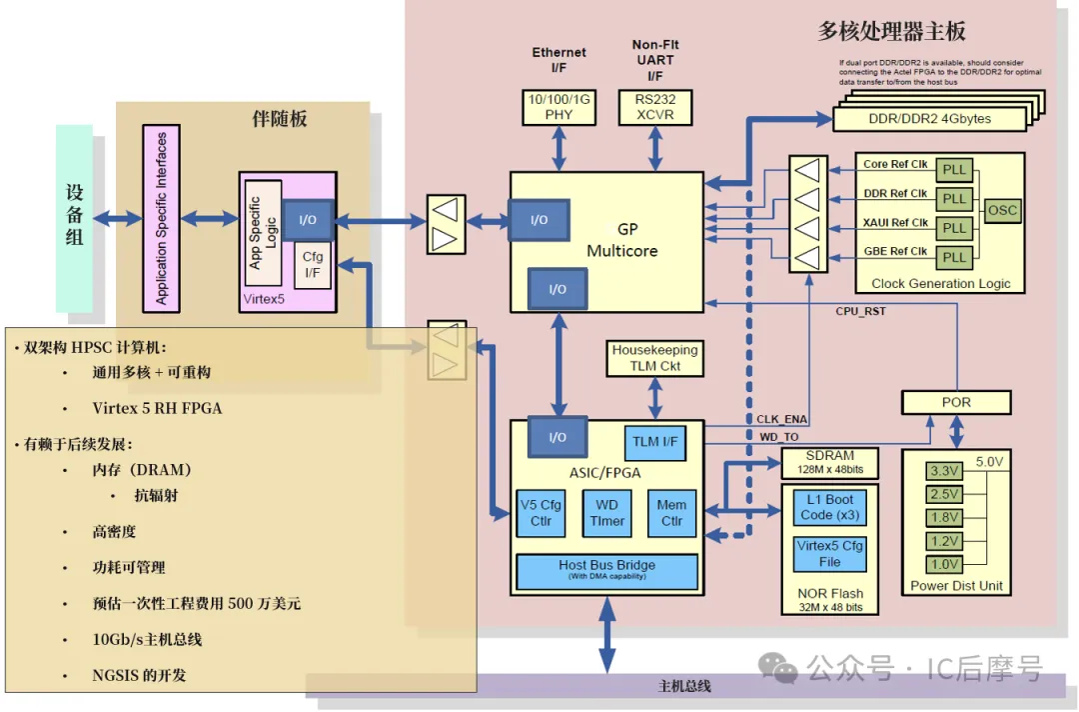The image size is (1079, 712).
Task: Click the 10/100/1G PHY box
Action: click(x=558, y=107)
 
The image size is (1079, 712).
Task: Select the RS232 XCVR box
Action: click(x=654, y=107)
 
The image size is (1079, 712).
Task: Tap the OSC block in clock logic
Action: click(x=1002, y=211)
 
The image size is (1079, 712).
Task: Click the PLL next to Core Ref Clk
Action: click(x=954, y=169)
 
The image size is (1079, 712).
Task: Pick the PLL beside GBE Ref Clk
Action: click(x=954, y=257)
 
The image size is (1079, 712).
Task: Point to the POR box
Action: click(x=956, y=402)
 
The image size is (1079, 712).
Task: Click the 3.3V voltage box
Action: click(x=943, y=471)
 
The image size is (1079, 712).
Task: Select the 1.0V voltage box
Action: click(x=943, y=564)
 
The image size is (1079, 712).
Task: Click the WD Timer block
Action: click(x=606, y=513)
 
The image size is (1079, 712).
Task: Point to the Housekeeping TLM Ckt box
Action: click(x=654, y=358)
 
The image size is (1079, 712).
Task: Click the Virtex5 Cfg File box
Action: click(x=830, y=553)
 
